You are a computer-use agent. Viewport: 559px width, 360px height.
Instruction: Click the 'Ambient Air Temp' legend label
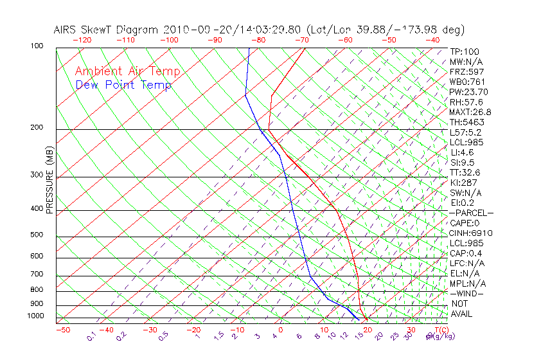click(127, 71)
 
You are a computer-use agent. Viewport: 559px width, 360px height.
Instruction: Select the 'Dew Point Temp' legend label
click(123, 85)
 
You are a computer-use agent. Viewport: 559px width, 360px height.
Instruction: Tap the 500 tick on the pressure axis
click(37, 235)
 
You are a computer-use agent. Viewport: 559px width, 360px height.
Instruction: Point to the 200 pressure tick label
click(37, 128)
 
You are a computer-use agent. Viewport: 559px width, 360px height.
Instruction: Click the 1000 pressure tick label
click(35, 316)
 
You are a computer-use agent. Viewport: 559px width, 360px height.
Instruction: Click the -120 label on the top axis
click(82, 40)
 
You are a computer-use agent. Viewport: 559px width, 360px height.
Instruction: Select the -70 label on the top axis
click(301, 40)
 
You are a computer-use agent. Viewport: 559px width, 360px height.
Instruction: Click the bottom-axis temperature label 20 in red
click(367, 330)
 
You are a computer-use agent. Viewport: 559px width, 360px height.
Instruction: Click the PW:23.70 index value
click(466, 92)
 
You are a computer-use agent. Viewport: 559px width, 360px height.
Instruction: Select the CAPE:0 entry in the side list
click(464, 223)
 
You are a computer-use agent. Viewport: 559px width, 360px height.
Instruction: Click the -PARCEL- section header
click(471, 213)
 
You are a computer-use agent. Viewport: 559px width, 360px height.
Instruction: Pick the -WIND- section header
click(466, 294)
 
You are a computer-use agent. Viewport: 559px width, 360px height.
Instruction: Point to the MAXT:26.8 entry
click(468, 112)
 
